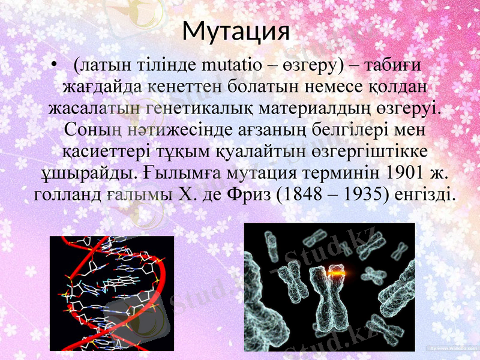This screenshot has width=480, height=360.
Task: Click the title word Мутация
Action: pos(236,30)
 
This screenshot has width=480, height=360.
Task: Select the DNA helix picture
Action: pos(112,293)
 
